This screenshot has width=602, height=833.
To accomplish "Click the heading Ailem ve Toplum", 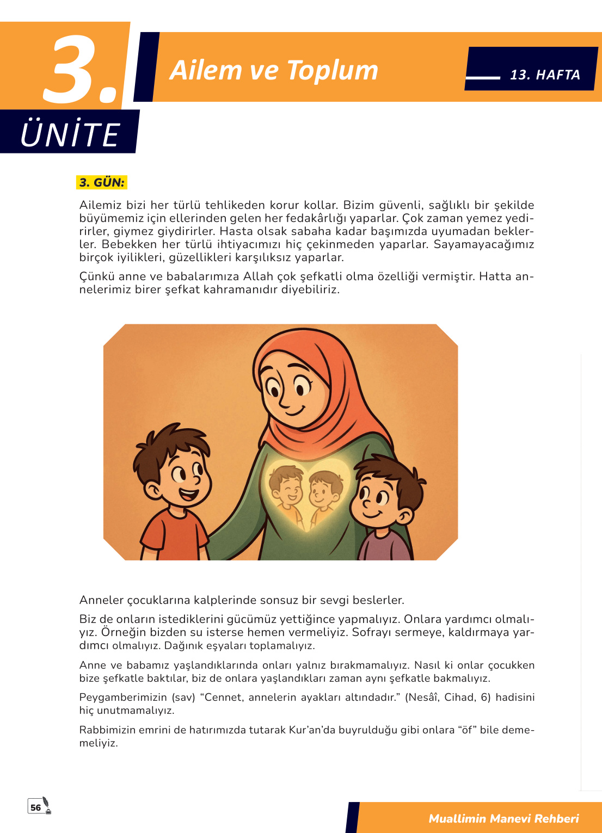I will (x=273, y=70).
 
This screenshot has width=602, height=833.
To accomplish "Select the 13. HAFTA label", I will (x=545, y=75).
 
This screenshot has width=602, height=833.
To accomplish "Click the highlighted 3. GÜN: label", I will (x=102, y=182).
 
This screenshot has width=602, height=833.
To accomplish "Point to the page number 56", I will (x=36, y=807).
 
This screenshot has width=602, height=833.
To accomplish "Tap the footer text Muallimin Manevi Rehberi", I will (x=503, y=818).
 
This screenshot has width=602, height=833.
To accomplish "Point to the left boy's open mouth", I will (x=188, y=495).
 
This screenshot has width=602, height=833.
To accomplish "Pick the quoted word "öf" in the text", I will (x=466, y=730).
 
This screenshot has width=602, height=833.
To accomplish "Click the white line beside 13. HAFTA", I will (x=483, y=77).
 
